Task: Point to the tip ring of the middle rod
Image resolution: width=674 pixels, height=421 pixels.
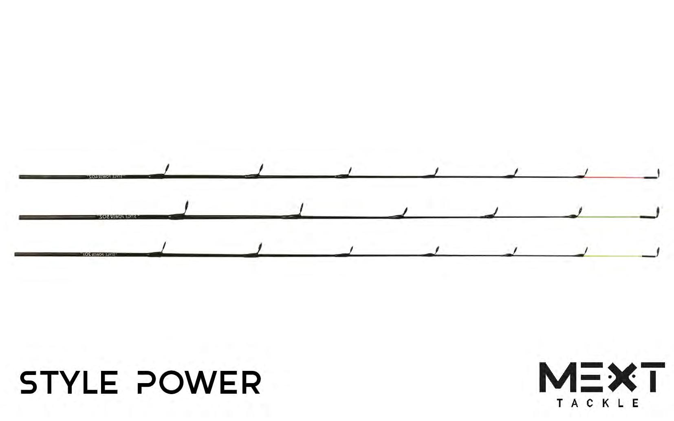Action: [x=657, y=212]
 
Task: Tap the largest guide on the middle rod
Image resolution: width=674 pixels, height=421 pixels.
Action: [x=185, y=209]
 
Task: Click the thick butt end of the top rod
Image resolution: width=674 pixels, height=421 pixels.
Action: [x=24, y=176]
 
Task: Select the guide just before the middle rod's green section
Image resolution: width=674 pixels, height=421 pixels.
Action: [x=578, y=212]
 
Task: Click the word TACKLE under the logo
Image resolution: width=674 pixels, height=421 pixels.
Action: [x=597, y=403]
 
